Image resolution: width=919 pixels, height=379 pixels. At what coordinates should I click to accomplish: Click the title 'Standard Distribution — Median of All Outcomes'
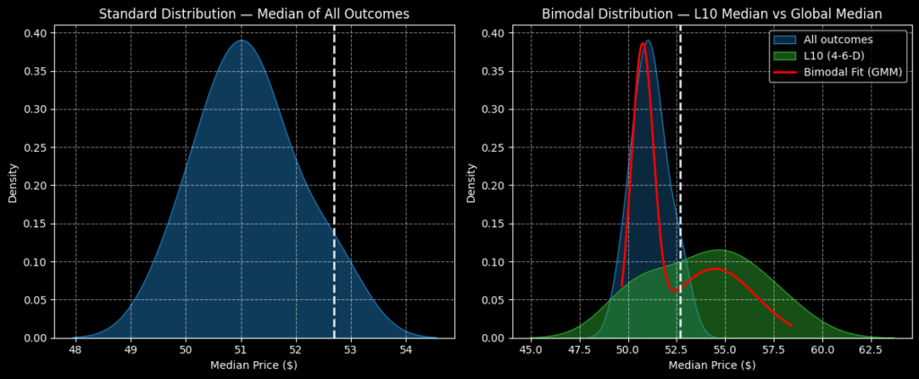pyautogui.click(x=254, y=13)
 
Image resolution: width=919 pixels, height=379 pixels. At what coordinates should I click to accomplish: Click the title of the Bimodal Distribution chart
pyautogui.click(x=712, y=13)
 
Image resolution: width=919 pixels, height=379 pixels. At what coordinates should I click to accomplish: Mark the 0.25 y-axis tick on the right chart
pyautogui.click(x=496, y=147)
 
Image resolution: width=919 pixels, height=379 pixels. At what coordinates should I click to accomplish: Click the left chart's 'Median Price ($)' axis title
pyautogui.click(x=254, y=366)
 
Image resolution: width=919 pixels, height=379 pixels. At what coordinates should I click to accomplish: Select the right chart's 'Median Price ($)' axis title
pyautogui.click(x=712, y=366)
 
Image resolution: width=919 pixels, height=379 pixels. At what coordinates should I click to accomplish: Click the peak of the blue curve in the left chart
pyautogui.click(x=241, y=40)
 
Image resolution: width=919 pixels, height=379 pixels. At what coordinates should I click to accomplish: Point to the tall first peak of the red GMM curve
pyautogui.click(x=643, y=43)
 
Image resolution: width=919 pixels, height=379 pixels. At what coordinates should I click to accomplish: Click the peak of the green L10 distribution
pyautogui.click(x=718, y=250)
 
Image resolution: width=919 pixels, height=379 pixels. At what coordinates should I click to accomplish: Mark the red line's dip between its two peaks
pyautogui.click(x=674, y=291)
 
